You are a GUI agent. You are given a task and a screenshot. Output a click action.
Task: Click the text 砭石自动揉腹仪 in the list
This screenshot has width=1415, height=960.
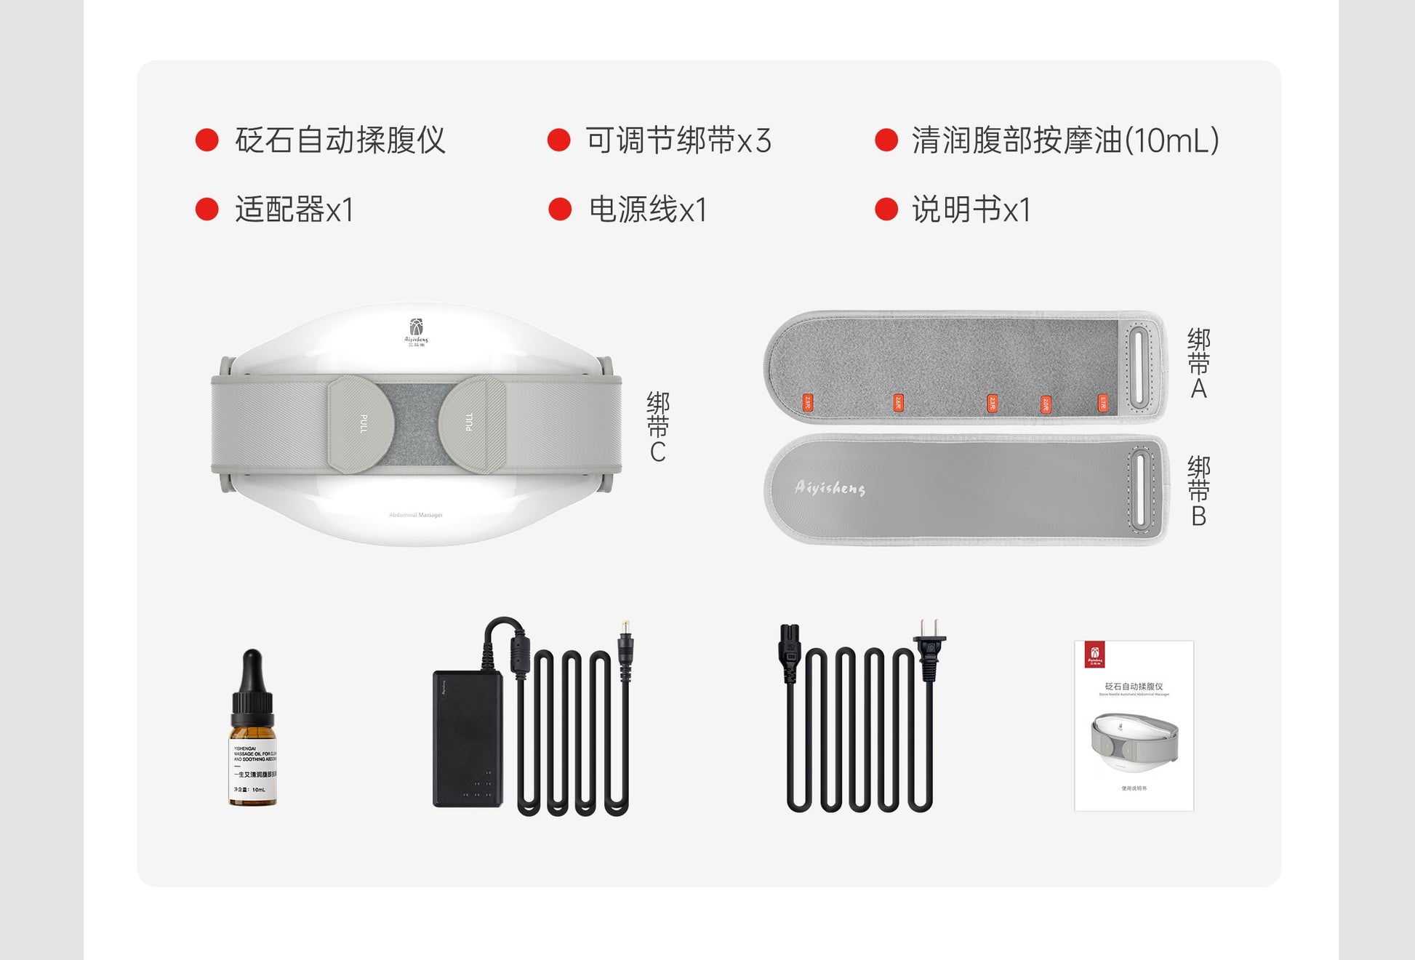(x=340, y=140)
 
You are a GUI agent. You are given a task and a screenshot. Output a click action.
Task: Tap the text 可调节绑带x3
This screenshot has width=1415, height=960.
(x=678, y=140)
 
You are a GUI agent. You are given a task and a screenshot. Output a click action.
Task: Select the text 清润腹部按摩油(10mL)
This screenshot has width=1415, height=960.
(x=1065, y=140)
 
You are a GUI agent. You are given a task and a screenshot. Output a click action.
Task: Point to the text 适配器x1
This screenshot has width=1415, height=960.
(x=294, y=210)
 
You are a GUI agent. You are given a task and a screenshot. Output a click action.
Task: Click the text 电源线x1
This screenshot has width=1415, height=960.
(x=648, y=210)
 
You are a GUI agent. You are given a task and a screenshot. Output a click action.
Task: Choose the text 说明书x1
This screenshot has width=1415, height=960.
(x=971, y=210)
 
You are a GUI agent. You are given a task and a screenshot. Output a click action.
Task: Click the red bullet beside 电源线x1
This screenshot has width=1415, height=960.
(x=560, y=209)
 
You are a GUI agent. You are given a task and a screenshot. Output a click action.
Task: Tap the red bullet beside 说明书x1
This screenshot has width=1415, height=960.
(x=886, y=209)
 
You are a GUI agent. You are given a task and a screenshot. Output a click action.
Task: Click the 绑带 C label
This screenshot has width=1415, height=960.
(x=657, y=427)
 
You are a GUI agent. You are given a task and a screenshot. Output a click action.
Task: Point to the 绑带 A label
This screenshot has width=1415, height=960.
(x=1198, y=364)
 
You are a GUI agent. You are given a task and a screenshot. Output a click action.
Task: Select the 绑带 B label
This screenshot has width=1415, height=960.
(x=1198, y=492)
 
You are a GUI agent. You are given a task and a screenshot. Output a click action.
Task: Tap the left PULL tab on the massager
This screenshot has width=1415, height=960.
(x=362, y=424)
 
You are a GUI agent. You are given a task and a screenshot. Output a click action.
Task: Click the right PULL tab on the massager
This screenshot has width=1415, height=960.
(x=470, y=423)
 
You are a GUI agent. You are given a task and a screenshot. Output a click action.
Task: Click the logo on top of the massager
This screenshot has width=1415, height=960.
(x=416, y=332)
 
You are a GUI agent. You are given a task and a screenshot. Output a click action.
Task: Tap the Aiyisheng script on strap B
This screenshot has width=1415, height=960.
(x=830, y=488)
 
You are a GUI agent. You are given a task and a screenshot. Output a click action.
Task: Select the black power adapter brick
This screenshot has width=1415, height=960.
(x=468, y=739)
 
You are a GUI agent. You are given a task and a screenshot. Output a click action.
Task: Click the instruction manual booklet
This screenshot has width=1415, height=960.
(x=1134, y=725)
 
